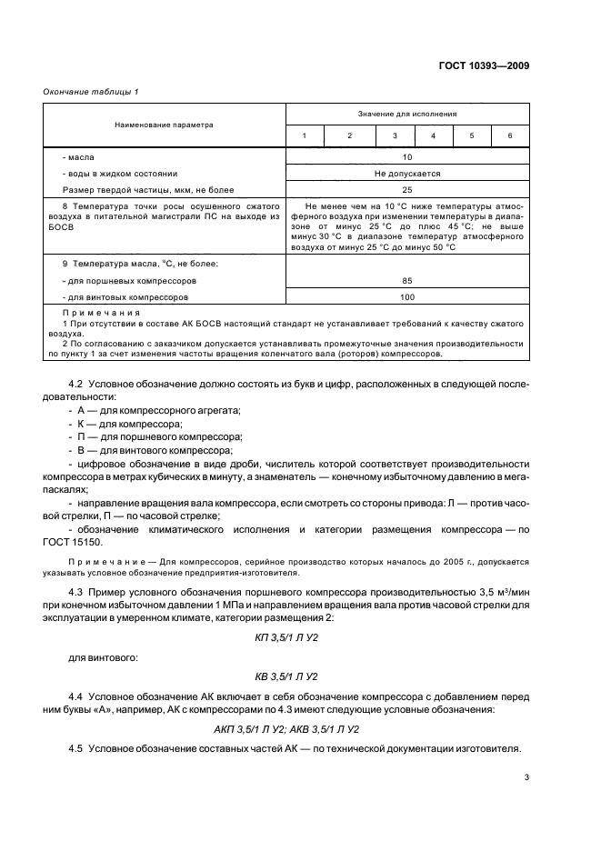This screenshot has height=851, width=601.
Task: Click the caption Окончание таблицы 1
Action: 91,92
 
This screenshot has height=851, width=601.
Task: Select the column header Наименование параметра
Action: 164,125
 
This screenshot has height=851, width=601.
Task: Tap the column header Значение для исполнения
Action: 407,115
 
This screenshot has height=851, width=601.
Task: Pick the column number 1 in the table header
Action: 305,135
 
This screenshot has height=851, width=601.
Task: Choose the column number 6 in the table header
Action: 509,135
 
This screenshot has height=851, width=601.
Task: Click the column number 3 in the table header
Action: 395,135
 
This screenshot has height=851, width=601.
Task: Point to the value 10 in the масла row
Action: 406,156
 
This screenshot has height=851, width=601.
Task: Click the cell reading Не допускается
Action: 406,173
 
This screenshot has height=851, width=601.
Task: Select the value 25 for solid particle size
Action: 406,189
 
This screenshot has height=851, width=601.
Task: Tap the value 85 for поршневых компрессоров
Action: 406,281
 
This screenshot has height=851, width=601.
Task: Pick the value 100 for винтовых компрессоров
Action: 406,297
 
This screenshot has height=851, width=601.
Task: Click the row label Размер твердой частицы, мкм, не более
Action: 148,189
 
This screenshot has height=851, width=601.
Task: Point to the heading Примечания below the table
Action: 88,314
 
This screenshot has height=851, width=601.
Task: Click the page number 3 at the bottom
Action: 526,776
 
